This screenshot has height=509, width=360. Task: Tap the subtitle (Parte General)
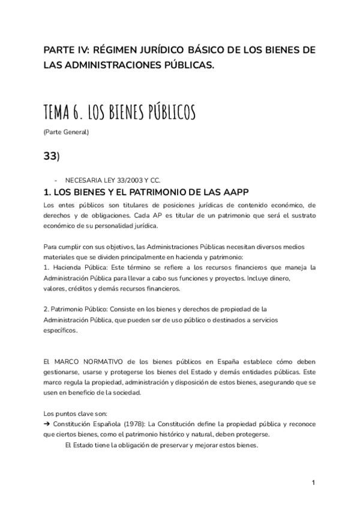tap(66, 132)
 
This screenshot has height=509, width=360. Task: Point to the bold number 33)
tap(52, 155)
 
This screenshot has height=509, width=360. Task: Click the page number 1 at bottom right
tap(313, 482)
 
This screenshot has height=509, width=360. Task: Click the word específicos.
tap(60, 330)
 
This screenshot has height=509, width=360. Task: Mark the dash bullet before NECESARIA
tap(55, 180)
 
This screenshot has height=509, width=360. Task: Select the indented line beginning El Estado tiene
tap(161, 445)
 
